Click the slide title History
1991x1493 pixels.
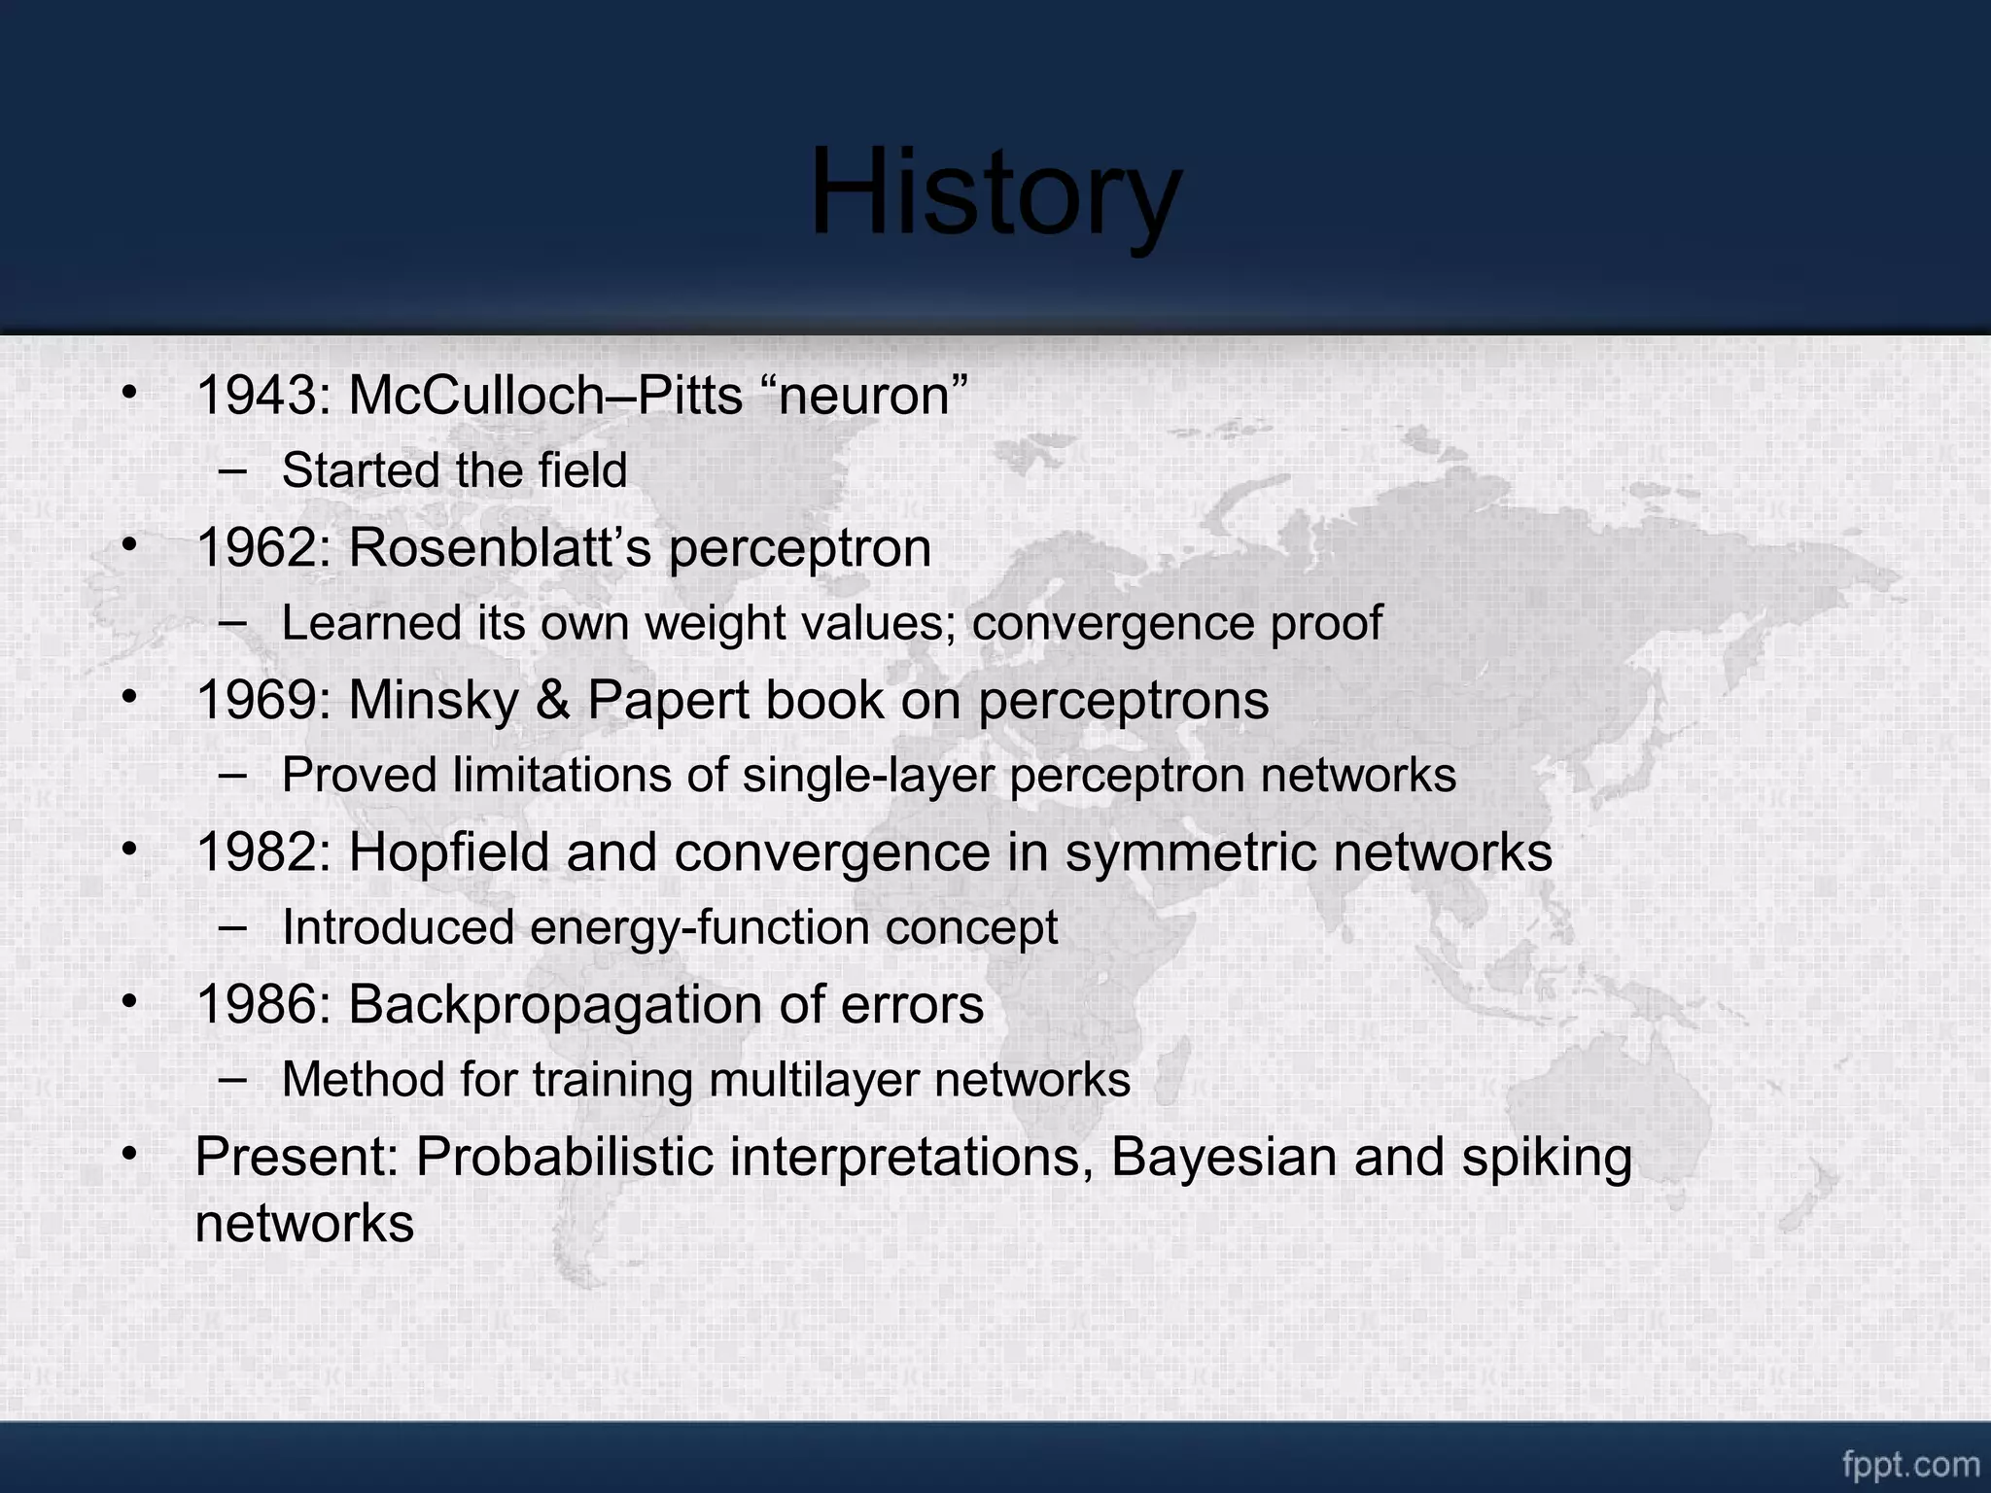click(x=995, y=191)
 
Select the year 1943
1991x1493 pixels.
click(x=256, y=396)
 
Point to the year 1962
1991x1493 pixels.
click(x=256, y=547)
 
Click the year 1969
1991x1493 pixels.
click(x=256, y=700)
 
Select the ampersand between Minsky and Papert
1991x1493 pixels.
click(x=552, y=700)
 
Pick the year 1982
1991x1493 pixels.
click(x=256, y=852)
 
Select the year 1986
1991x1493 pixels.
click(x=256, y=1004)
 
